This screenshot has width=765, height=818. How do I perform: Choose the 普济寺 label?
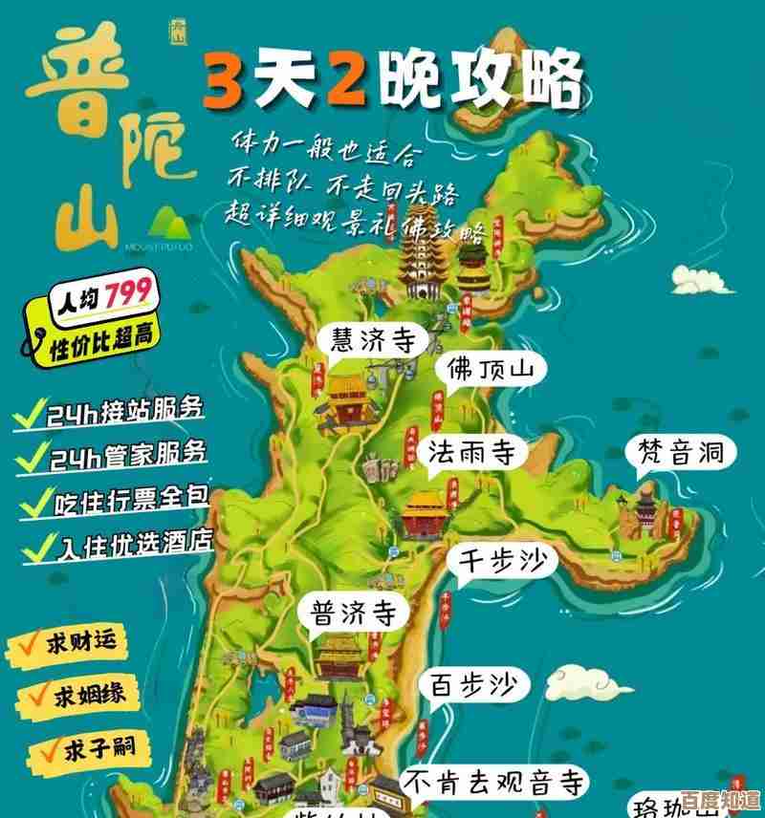tap(353, 613)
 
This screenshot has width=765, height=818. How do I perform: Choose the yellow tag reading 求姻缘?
tap(73, 695)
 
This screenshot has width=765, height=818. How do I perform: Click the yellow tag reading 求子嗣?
tap(73, 748)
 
